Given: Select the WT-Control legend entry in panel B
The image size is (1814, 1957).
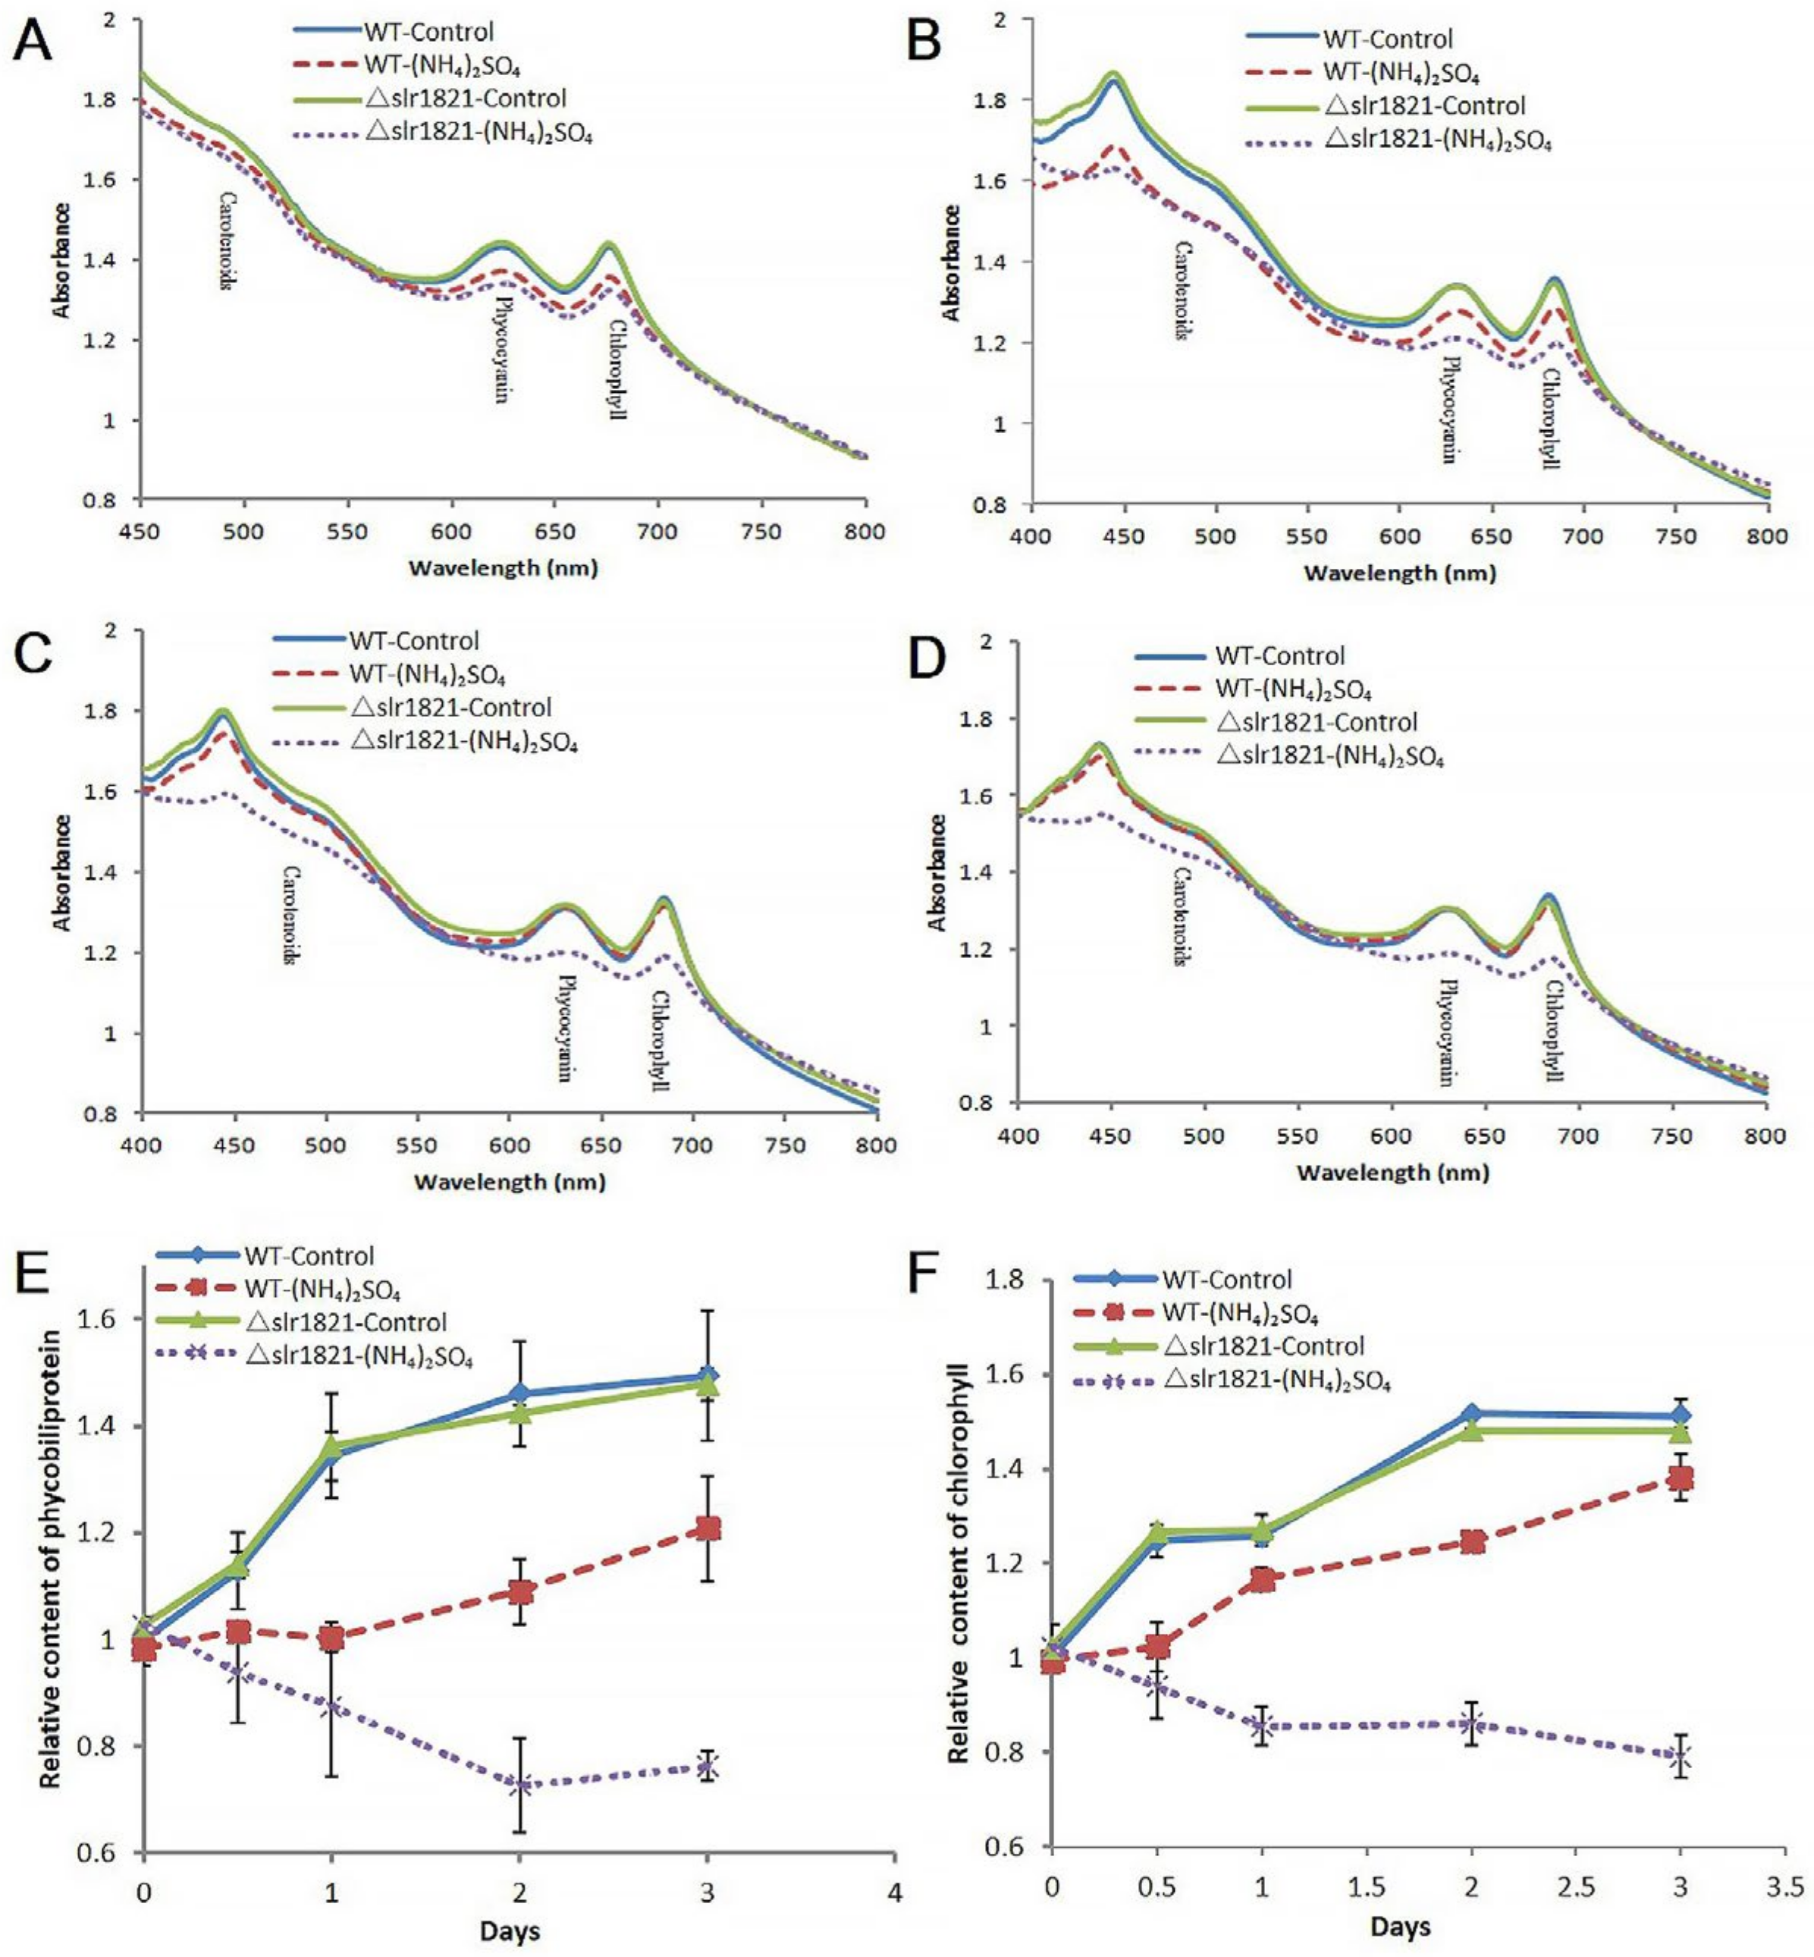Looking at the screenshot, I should [1387, 39].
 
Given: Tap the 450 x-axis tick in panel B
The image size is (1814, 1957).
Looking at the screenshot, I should [1124, 536].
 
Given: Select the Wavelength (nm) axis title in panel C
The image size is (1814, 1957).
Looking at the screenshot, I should [510, 1181].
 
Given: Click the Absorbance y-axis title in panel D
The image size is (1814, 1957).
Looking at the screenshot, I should [937, 872].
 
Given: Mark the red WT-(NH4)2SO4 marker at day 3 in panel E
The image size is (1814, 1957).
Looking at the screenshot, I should [707, 1529].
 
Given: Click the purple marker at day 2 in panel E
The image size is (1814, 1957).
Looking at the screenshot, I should [520, 1785].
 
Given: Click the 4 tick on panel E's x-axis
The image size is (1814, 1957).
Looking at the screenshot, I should [894, 1889].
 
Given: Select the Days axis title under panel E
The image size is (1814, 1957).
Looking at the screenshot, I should [510, 1930].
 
